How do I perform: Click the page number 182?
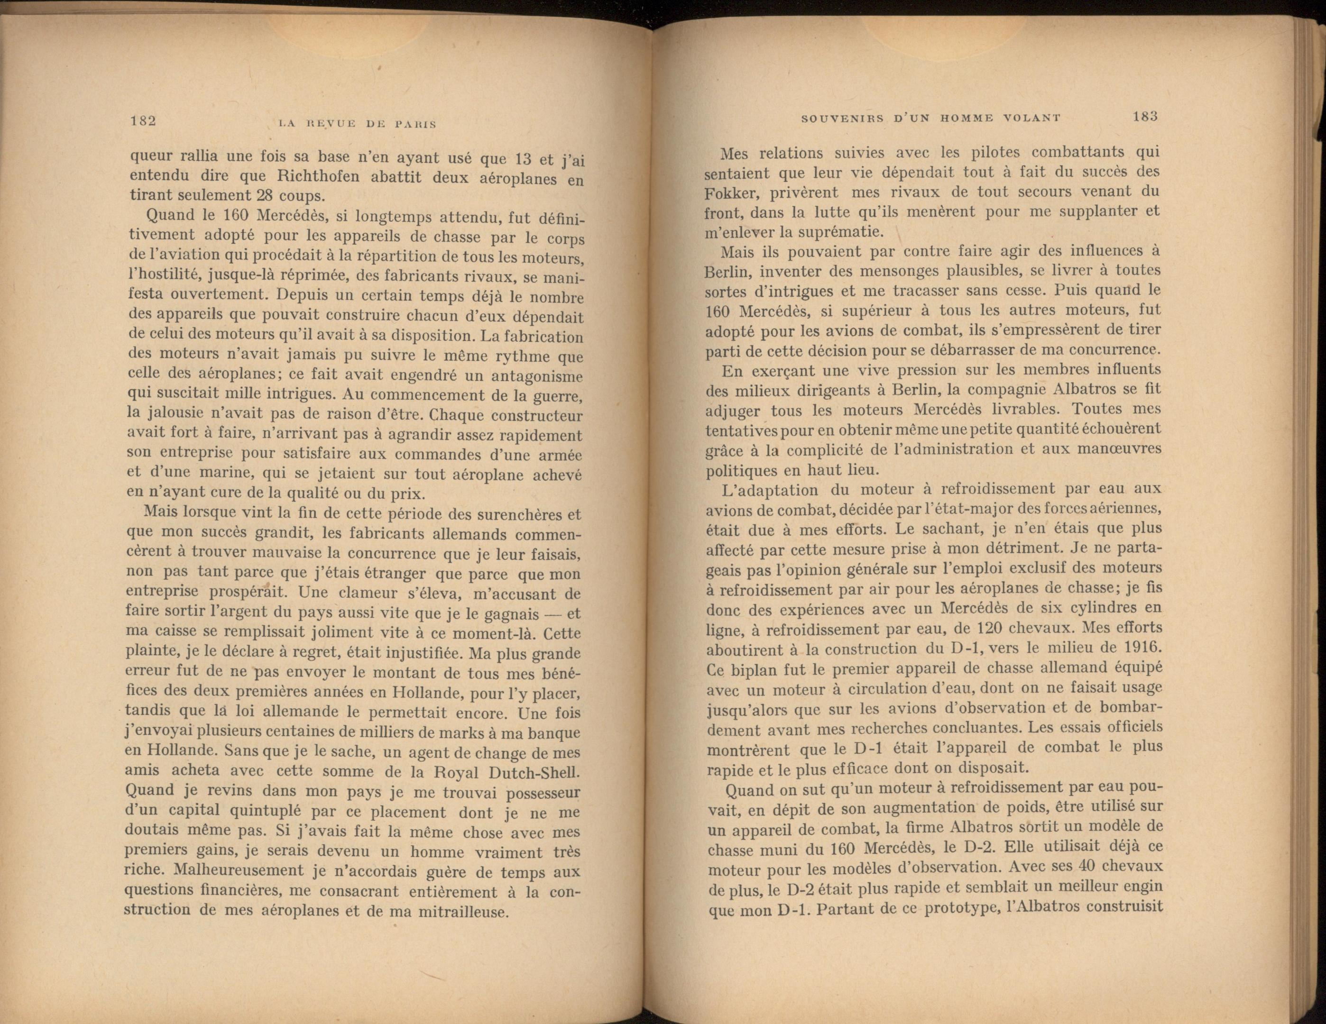click(144, 121)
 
